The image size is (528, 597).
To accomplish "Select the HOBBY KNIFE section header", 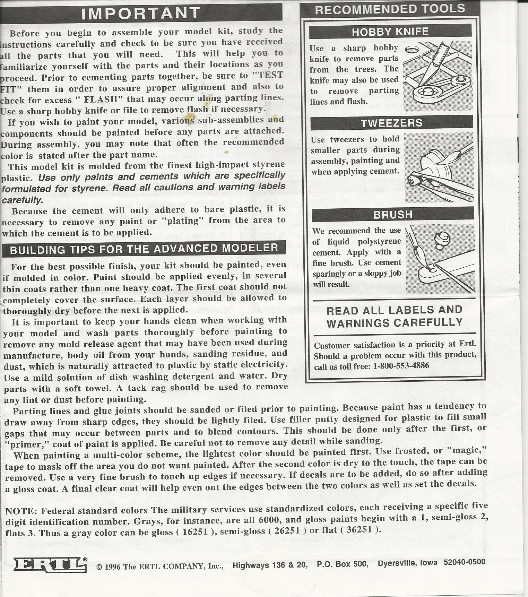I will pos(390,32).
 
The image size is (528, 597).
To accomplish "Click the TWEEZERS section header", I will pos(391,123).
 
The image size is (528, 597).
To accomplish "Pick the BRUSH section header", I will pos(393,215).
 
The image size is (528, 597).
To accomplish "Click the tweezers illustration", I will pos(439,167).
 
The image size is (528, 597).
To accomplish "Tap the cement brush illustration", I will pos(440,259).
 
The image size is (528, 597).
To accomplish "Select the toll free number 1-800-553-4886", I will pos(401,366).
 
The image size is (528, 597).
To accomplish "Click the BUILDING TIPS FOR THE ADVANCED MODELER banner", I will pos(144,249).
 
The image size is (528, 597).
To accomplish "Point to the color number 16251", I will pos(195,532).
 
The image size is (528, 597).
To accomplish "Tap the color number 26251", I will pos(286,531).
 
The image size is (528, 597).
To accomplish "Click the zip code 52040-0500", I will pos(464,562).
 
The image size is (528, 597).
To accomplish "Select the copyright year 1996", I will pos(113,567).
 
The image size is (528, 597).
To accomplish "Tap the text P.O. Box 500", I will pos(341,564).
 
